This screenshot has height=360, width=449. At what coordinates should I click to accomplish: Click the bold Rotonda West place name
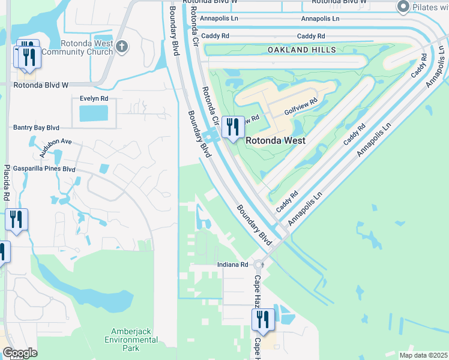[276, 140]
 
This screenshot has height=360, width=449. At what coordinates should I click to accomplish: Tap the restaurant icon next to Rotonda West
[233, 127]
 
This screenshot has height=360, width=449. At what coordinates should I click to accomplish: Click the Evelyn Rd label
[94, 98]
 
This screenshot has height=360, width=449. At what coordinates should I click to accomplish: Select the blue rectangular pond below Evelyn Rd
[94, 113]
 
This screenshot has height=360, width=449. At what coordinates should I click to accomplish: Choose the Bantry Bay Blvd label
[36, 128]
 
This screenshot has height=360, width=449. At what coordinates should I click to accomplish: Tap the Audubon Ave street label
[55, 148]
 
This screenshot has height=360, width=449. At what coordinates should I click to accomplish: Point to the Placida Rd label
[7, 182]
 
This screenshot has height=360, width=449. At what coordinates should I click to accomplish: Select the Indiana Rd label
[232, 265]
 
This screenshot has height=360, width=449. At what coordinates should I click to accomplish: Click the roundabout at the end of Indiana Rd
[259, 265]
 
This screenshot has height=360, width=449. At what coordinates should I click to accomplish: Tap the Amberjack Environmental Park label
[134, 340]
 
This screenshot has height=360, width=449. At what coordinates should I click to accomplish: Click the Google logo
[19, 353]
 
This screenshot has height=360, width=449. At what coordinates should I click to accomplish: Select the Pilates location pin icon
[403, 7]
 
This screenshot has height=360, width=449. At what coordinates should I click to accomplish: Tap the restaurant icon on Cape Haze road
[263, 319]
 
